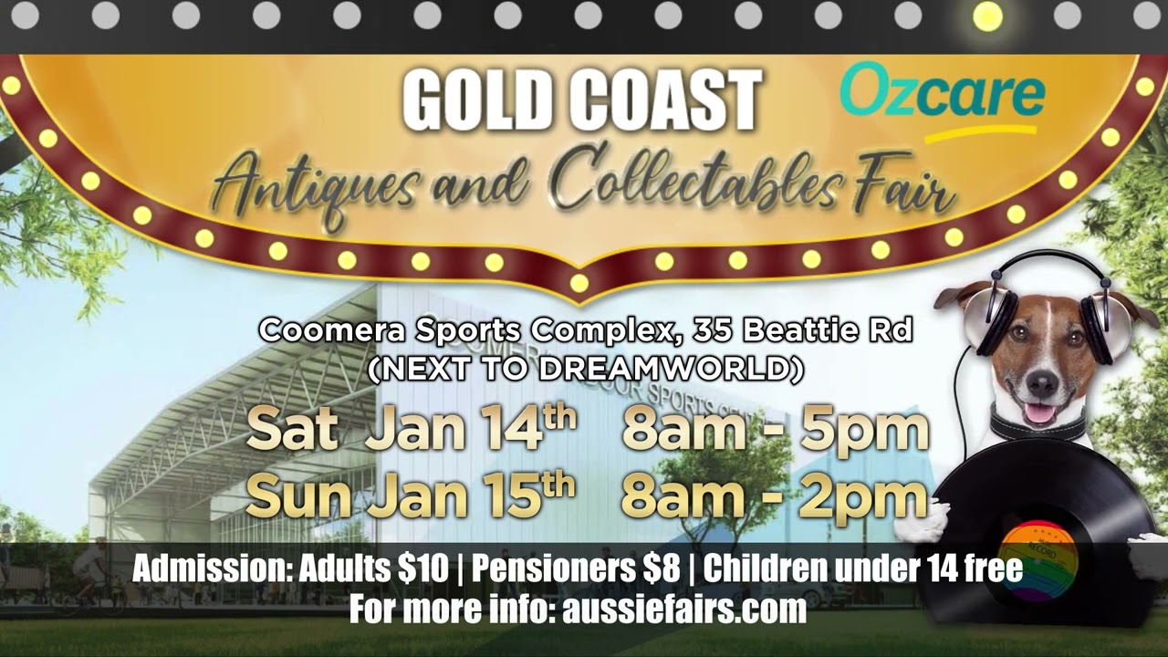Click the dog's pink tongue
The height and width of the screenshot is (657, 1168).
1039,412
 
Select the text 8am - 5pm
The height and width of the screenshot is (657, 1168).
775,429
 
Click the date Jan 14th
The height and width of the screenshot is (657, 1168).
470,429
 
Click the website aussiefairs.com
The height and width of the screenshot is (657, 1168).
684,608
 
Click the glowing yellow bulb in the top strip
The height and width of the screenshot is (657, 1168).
987,16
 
